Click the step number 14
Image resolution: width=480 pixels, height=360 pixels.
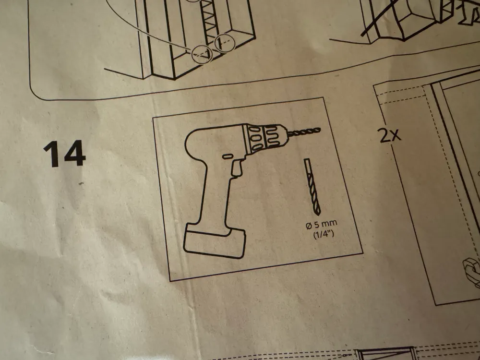64,154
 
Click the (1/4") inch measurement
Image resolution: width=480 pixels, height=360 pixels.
323,235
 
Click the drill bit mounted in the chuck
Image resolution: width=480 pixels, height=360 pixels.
304,132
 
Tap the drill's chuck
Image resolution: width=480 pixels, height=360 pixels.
265,138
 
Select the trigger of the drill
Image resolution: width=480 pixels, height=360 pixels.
237,168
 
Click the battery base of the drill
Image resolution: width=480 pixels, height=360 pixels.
214,242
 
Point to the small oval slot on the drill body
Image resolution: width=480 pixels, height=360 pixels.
227,156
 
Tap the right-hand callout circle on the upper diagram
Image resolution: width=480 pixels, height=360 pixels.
224,43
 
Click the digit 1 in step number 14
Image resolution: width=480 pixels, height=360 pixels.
51,155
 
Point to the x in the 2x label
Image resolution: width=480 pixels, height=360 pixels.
396,135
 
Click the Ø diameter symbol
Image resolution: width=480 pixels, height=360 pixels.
309,227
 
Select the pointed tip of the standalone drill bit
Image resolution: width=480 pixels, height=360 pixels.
318,214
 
